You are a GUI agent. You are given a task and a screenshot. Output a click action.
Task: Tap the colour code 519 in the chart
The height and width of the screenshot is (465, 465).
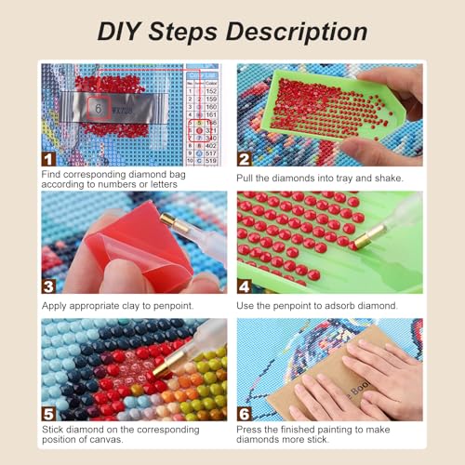[x=211, y=160]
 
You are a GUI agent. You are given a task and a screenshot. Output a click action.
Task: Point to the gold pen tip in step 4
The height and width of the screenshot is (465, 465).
[x=356, y=239]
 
